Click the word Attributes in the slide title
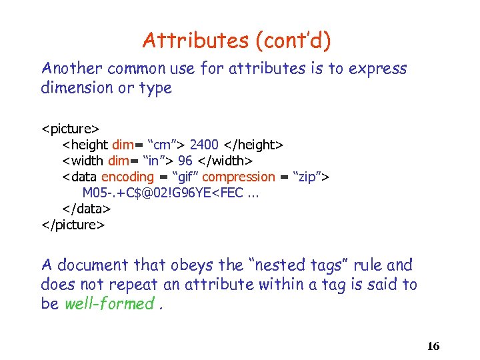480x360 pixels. [x=195, y=41]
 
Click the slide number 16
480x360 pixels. [x=433, y=346]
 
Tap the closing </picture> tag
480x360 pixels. [x=73, y=225]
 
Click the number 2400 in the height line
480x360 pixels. [x=205, y=144]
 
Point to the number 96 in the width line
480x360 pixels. [x=185, y=161]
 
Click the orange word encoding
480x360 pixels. [x=127, y=177]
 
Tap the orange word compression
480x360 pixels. [x=238, y=177]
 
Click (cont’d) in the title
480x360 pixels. [x=292, y=41]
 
